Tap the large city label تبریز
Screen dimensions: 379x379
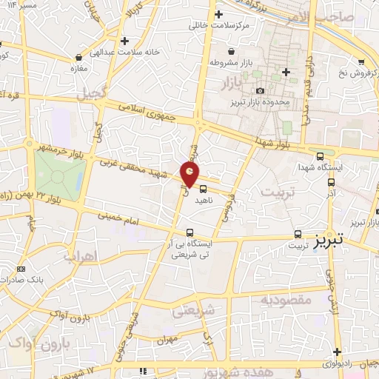point(328,242)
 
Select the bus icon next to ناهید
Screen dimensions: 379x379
point(202,189)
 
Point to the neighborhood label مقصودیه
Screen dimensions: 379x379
point(285,301)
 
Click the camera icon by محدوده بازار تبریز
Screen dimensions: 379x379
point(260,90)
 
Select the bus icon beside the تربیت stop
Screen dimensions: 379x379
point(298,231)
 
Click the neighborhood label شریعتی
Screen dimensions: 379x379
point(193,312)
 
